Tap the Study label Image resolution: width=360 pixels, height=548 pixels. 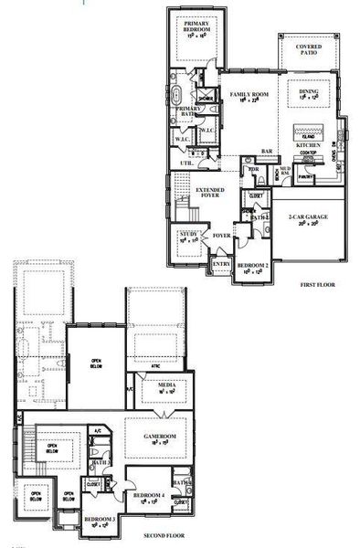pos(188,236)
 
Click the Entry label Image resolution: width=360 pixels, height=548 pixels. pos(221,264)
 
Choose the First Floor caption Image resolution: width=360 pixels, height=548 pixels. pos(317,285)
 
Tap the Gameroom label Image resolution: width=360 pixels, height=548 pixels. pos(156,439)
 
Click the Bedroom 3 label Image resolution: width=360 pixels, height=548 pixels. pos(100,521)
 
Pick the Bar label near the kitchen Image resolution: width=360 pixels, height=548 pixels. pos(268,152)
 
